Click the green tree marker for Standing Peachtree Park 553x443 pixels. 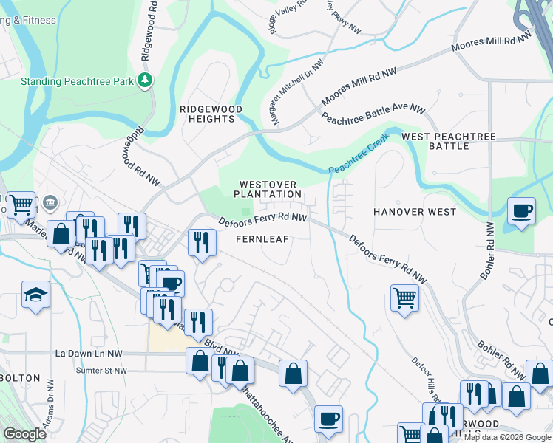tap(146, 80)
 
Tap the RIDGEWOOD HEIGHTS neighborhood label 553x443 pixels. tap(211, 114)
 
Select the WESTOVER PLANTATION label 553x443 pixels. tap(268, 189)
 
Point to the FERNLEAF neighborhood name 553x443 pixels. tap(262, 239)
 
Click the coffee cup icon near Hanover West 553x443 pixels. tap(522, 211)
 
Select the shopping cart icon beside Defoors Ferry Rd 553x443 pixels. tap(404, 298)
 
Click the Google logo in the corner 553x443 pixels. tap(24, 434)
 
